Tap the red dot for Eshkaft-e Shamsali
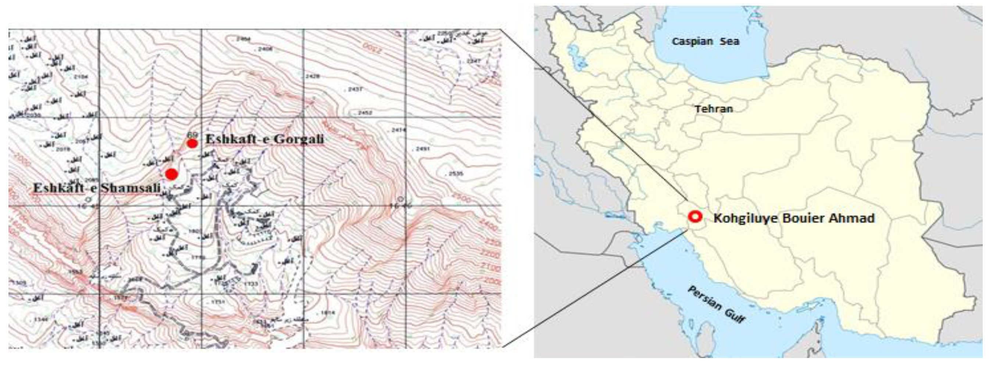[171, 174]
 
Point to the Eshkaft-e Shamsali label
[96, 189]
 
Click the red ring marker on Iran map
[695, 217]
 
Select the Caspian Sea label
[705, 42]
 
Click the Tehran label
[714, 109]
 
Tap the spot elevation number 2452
[364, 113]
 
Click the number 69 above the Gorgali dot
[192, 135]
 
